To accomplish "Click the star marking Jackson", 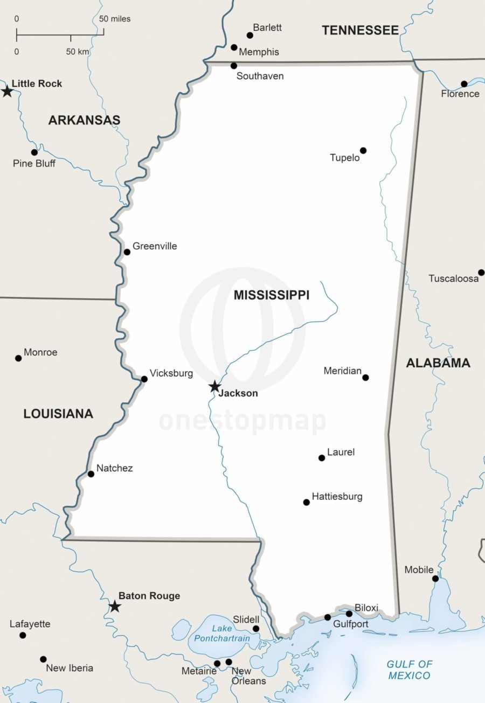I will pos(214,386).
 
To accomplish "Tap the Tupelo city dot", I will pos(363,150).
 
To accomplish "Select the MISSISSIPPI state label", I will pos(272,295).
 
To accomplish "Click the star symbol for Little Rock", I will pos(7,91).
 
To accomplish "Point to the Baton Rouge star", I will pos(114,607).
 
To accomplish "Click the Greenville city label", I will pos(155,246).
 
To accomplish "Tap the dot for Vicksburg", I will pos(144,379).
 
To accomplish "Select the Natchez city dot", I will pos(91,474).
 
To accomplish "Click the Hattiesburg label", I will pos(337,497).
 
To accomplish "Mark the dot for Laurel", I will pos(322,458).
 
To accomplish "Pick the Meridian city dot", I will pos(365,378).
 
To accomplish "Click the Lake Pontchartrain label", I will pos(221,634).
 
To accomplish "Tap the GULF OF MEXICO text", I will pos(410,670).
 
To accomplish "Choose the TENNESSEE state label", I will pos(360,31).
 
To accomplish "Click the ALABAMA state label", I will pos(438,363).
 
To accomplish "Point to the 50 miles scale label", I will pos(115,19).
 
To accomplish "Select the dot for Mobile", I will pos(435,579).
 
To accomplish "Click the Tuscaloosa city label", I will pos(453,279).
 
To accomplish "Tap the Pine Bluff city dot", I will pos(34,152).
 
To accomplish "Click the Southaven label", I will pos(260,76).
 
